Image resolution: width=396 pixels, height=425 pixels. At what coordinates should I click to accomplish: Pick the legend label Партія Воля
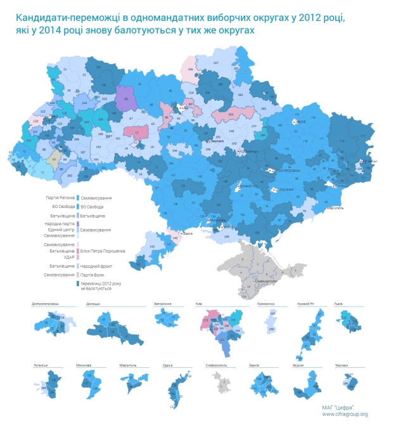pos(93,275)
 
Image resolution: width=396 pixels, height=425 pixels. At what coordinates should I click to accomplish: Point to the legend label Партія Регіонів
pos(60,199)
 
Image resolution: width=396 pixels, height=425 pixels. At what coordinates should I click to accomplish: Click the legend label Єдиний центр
pos(63,229)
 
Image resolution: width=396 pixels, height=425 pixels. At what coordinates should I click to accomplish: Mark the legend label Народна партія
pos(61,223)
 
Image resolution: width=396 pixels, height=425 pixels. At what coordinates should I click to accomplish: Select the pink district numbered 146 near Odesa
pos(176,238)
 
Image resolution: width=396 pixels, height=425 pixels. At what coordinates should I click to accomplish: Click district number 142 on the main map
pos(152,245)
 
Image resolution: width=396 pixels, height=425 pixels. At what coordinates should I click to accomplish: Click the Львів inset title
pos(338,304)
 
